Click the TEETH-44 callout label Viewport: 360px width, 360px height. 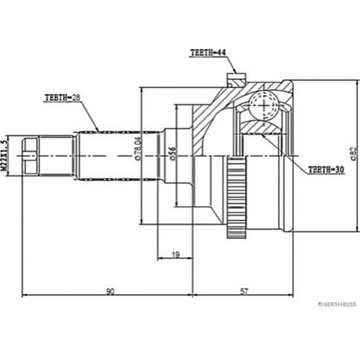click(208, 53)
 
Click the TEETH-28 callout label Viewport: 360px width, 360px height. click(62, 98)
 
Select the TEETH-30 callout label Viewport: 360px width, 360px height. click(326, 169)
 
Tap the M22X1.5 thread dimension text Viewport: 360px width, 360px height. click(4, 156)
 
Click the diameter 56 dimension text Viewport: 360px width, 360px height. click(173, 154)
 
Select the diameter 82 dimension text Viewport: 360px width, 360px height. click(354, 154)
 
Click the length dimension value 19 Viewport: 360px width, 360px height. click(176, 255)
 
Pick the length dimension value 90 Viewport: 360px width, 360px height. click(110, 291)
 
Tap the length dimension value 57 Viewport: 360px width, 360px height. click(244, 291)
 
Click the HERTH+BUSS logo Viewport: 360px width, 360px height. click(337, 304)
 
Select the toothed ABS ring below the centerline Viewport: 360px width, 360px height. click(236, 198)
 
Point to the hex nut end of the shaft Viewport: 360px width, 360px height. click(30, 156)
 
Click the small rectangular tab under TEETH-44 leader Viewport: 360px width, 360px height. click(236, 76)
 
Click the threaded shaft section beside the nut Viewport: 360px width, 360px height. click(56, 156)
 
